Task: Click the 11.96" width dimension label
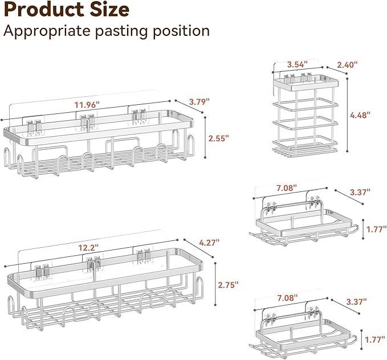pyautogui.click(x=87, y=105)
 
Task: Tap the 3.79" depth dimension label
pyautogui.click(x=199, y=101)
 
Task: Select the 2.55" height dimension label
pyautogui.click(x=219, y=138)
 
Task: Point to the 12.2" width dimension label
pyautogui.click(x=88, y=247)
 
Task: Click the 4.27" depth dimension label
pyautogui.click(x=209, y=243)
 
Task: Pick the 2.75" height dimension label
pyautogui.click(x=229, y=285)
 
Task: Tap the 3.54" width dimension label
pyautogui.click(x=298, y=64)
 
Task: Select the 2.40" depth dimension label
pyautogui.click(x=347, y=65)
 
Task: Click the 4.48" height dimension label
pyautogui.click(x=360, y=115)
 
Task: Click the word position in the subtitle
pyautogui.click(x=181, y=31)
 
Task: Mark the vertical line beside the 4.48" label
pyautogui.click(x=347, y=114)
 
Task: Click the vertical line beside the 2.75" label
pyautogui.click(x=215, y=284)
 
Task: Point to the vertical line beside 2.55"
pyautogui.click(x=205, y=138)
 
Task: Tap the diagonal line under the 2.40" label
pyautogui.click(x=337, y=70)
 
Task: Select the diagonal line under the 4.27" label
pyautogui.click(x=198, y=248)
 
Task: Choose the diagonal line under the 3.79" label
pyautogui.click(x=189, y=107)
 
